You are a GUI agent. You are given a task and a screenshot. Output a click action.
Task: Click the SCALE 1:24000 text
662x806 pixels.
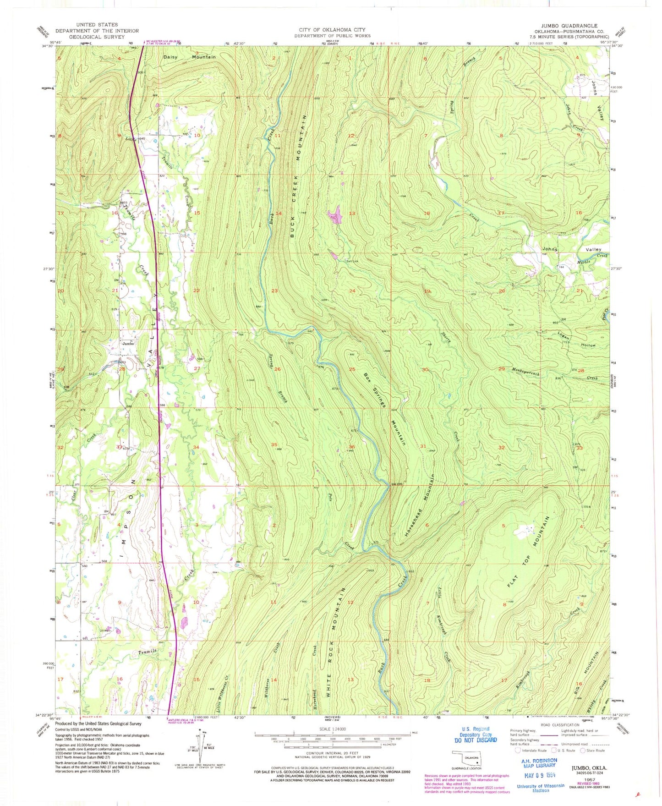[333, 729]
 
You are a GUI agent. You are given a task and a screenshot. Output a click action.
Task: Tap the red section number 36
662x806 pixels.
[352, 447]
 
